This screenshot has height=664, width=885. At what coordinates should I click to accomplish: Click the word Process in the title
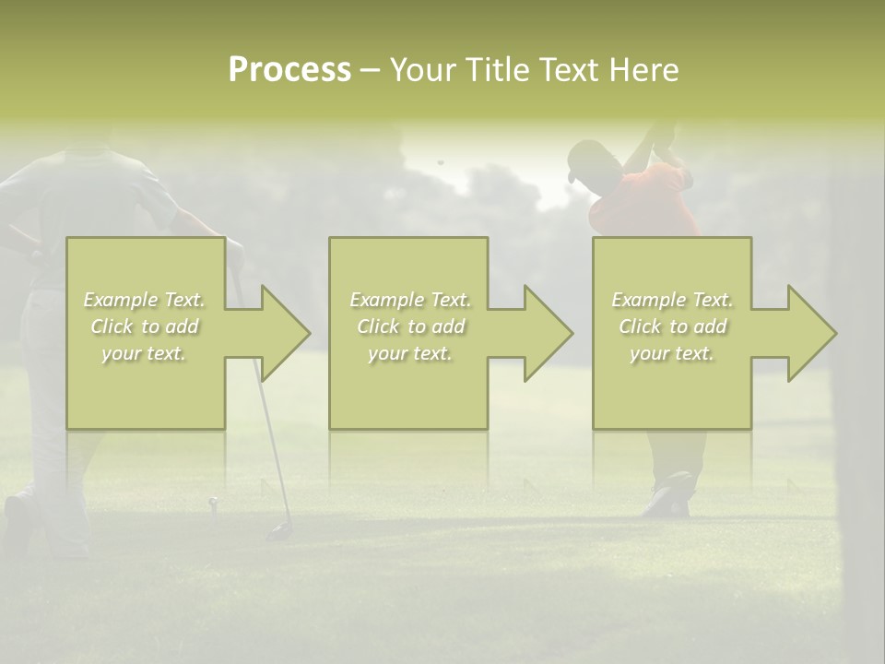[x=289, y=70]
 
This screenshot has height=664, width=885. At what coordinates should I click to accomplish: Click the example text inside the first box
[x=144, y=326]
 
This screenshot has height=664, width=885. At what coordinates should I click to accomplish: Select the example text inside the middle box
[x=409, y=326]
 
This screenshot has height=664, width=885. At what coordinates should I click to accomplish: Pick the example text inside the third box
[x=671, y=326]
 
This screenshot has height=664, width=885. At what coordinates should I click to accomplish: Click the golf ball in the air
[x=440, y=162]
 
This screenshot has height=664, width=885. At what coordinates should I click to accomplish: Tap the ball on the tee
[x=213, y=502]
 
